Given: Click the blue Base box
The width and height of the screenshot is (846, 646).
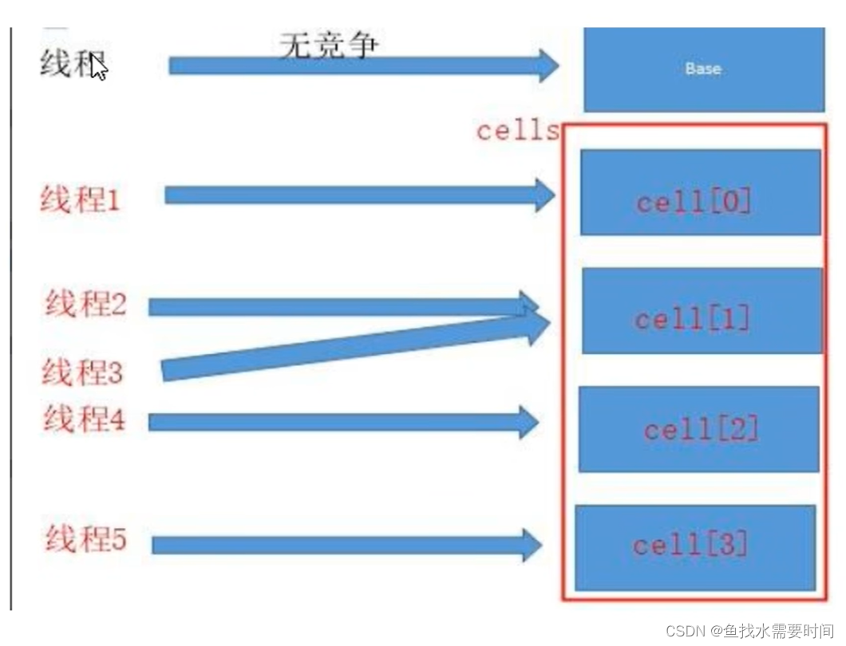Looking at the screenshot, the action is click(703, 69).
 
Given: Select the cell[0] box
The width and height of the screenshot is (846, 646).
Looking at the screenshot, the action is click(700, 191).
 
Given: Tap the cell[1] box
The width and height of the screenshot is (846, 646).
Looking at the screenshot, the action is click(701, 311).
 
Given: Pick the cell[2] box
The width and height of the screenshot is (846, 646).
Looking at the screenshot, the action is click(698, 429).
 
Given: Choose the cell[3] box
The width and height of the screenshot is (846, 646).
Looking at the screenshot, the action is click(694, 548).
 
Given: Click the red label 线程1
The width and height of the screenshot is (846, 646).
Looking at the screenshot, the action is click(81, 199).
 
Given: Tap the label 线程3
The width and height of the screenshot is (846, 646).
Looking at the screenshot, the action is click(83, 372).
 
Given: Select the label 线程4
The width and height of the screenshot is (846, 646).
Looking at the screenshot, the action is click(84, 419).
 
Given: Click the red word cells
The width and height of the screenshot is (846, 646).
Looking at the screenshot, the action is click(518, 131).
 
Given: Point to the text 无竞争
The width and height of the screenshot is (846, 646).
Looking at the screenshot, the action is click(328, 45).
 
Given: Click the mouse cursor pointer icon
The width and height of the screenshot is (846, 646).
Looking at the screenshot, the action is click(99, 69).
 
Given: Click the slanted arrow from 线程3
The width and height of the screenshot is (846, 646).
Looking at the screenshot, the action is click(351, 347).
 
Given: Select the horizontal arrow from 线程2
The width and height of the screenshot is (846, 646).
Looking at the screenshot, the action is click(335, 306).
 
